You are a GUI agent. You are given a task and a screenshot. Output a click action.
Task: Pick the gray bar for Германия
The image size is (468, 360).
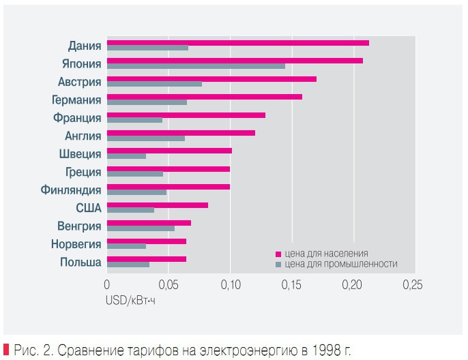coord(147,102)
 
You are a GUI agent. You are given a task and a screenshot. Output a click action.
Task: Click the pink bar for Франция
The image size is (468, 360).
coord(186,115)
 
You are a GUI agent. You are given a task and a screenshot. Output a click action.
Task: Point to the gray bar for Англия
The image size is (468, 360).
coord(146,138)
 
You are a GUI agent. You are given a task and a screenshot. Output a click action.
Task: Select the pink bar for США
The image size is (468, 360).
coord(157,205)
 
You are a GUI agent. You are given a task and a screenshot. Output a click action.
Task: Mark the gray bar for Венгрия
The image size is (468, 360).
coord(141,228)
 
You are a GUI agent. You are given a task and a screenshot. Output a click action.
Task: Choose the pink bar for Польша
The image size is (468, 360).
coord(146,259)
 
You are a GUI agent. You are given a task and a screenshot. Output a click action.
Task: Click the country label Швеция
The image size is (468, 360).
coord(81,154)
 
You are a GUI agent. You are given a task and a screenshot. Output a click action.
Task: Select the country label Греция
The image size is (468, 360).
coord(83,172)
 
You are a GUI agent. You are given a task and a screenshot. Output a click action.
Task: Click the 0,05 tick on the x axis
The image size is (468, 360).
coord(169,285)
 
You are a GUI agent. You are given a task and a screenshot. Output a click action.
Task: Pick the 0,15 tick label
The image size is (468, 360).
coord(292,285)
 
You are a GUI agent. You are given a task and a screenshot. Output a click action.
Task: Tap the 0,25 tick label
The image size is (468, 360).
coord(413,285)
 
